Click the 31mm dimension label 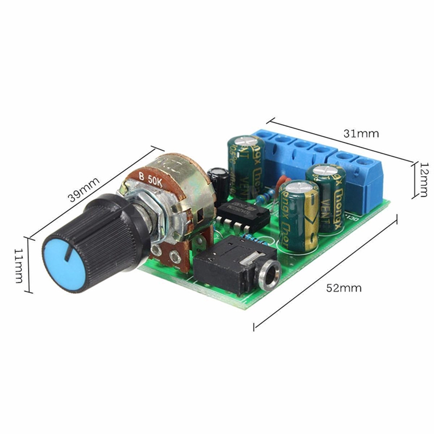coord(361,133)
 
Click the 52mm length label coord(344,288)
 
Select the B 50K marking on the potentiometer coord(150,178)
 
